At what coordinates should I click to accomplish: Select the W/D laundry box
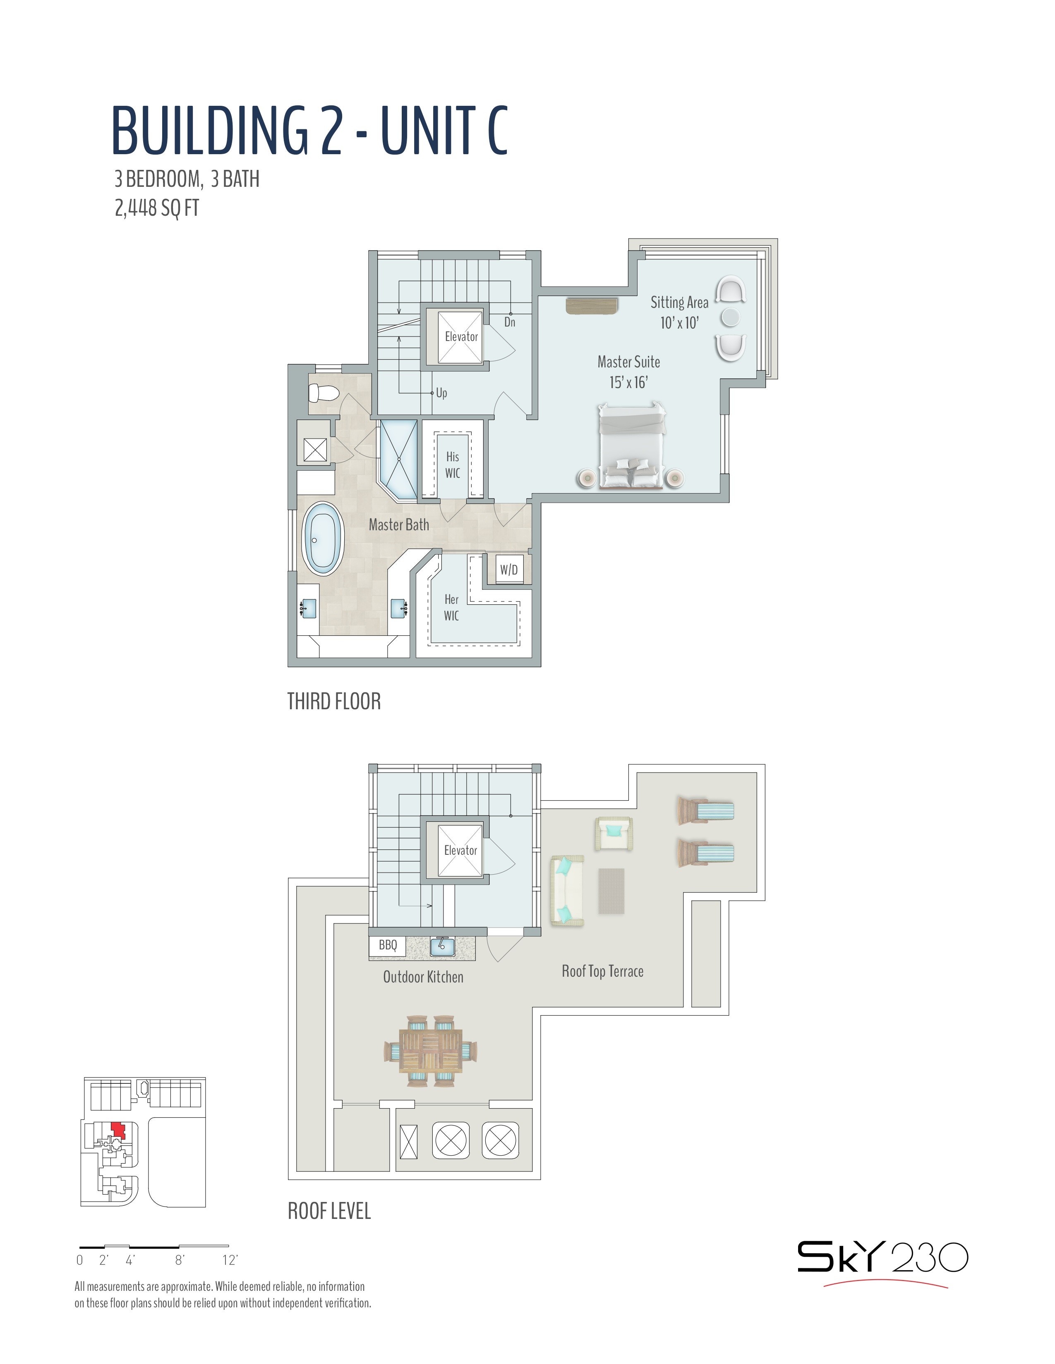(x=509, y=570)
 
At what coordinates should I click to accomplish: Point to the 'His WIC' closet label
(x=453, y=465)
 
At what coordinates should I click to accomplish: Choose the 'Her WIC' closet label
(x=451, y=607)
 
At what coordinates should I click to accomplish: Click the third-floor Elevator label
(x=461, y=336)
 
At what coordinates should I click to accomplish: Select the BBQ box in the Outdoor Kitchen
(x=388, y=944)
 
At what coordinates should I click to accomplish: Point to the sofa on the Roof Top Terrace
(x=567, y=891)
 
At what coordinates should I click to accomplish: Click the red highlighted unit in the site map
(x=117, y=1130)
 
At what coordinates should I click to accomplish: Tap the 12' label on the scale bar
(x=230, y=1260)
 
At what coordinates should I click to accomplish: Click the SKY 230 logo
(x=882, y=1258)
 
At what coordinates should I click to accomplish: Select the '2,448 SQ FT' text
(x=157, y=207)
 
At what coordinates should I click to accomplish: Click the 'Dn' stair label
(x=510, y=322)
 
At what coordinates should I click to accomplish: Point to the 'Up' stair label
(x=441, y=393)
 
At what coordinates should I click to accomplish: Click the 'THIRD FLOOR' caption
(x=334, y=701)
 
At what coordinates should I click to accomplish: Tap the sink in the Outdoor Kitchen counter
(x=442, y=946)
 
